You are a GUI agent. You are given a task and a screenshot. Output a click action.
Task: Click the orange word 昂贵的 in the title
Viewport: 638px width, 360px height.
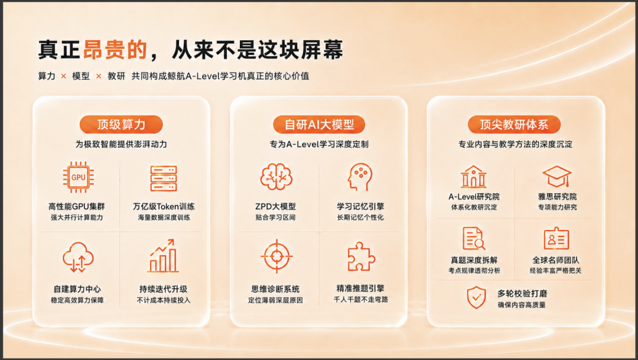(x=115, y=50)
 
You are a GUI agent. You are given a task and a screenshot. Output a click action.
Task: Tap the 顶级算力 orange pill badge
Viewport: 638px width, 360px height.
(x=121, y=125)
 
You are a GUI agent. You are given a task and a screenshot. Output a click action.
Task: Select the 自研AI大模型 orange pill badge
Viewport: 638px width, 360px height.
(x=319, y=125)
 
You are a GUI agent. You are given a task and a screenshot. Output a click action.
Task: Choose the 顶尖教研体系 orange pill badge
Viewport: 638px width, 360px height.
(x=515, y=125)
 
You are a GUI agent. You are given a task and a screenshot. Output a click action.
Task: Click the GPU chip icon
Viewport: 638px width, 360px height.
(x=78, y=177)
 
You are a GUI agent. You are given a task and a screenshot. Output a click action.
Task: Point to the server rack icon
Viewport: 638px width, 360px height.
(x=164, y=179)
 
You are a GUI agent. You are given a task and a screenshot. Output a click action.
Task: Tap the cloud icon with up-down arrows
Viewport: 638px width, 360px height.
(x=78, y=257)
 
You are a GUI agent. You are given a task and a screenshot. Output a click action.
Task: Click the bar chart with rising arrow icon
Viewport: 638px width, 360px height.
(x=163, y=256)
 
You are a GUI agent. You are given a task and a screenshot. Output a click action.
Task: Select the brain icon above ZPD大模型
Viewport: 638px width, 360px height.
(x=276, y=177)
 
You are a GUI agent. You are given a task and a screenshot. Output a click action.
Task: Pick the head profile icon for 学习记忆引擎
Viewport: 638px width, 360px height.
(x=360, y=177)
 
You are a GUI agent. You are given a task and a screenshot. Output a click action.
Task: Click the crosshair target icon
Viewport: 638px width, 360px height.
(x=276, y=256)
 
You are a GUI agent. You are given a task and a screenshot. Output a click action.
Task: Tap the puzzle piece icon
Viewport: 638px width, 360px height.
(x=361, y=257)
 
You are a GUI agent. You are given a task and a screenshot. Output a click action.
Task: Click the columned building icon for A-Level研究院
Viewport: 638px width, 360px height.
(x=474, y=176)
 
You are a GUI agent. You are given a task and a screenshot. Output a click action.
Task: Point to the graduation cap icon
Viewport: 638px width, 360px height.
(x=557, y=176)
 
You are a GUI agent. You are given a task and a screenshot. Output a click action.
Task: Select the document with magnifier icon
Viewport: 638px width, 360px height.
(x=474, y=239)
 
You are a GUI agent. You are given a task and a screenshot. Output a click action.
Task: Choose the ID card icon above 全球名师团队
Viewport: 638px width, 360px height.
(x=556, y=239)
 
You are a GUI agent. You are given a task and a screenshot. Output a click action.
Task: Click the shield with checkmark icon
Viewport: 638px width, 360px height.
(x=477, y=297)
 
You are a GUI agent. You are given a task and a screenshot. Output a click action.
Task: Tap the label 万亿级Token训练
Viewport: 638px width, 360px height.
(x=164, y=206)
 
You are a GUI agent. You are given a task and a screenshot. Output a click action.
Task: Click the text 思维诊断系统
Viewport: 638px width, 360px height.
(x=275, y=289)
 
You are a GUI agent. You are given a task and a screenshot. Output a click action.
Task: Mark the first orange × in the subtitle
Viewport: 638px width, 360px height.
(x=63, y=76)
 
